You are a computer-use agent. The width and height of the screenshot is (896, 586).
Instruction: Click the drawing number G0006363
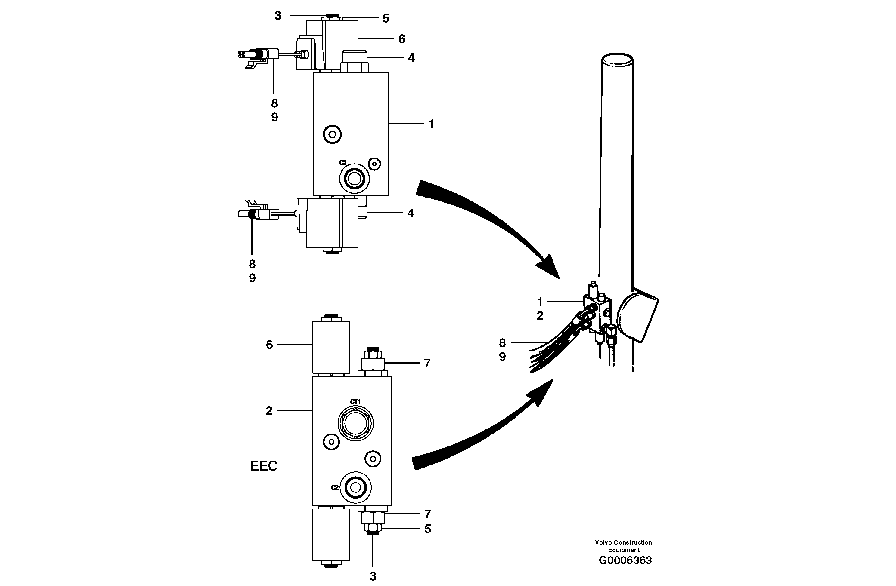click(x=625, y=560)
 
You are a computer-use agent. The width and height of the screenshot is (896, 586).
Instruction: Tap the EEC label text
click(x=264, y=466)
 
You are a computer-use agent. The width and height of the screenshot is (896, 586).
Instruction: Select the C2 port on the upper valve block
click(x=354, y=179)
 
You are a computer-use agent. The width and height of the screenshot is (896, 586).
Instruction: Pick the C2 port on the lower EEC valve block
click(x=355, y=488)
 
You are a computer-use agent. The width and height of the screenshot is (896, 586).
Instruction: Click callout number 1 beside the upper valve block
click(x=431, y=124)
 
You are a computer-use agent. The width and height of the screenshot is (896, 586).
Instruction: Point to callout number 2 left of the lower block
click(x=269, y=411)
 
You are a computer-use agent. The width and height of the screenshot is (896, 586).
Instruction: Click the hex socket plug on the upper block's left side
click(x=332, y=134)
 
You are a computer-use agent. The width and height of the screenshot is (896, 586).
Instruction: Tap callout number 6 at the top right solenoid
click(x=402, y=39)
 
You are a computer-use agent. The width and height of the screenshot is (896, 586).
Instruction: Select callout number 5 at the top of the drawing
click(x=386, y=18)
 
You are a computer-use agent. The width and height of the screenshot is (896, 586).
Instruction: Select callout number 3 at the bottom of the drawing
click(x=373, y=576)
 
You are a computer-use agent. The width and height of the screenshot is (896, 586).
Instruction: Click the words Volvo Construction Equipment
click(x=623, y=546)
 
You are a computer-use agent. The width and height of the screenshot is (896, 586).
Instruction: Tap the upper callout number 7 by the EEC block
click(x=427, y=363)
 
